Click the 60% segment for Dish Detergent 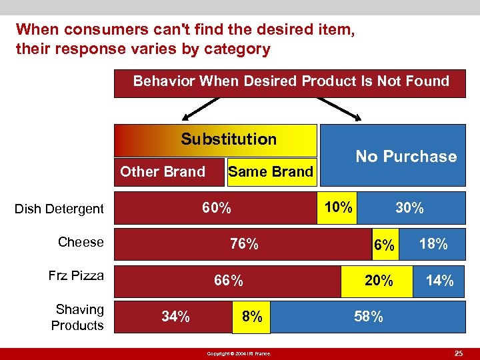tap(217, 207)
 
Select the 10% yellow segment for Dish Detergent tap(338, 207)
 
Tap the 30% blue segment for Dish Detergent tap(409, 207)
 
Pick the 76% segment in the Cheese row tap(244, 244)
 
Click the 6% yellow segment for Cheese tap(385, 244)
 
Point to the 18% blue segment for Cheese tap(433, 244)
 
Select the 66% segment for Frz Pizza tap(228, 281)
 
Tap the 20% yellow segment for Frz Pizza tap(379, 281)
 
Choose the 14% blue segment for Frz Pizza tap(440, 281)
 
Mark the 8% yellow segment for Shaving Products tap(252, 317)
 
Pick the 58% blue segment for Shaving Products tap(369, 317)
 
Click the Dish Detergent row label tap(59, 209)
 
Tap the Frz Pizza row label tap(76, 275)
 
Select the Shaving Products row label tap(78, 317)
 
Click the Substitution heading tap(229, 139)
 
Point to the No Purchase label tap(406, 157)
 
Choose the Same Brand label tap(270, 172)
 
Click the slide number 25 tap(459, 352)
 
